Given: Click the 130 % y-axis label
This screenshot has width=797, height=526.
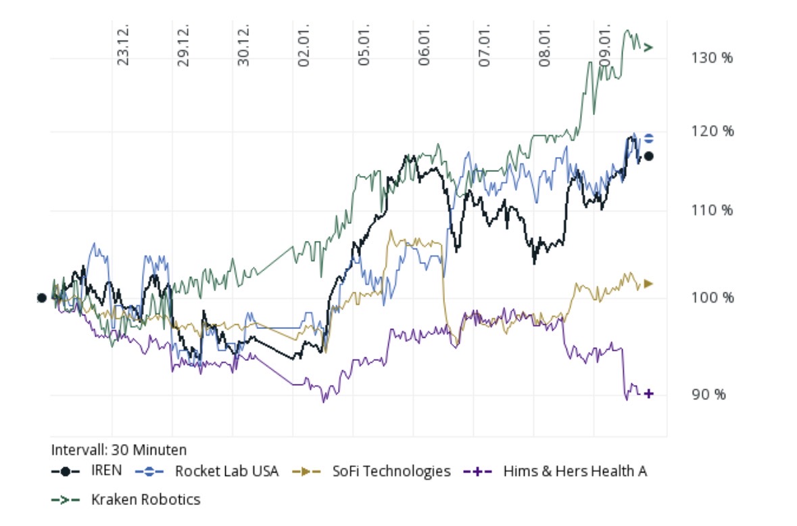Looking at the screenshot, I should (x=713, y=58).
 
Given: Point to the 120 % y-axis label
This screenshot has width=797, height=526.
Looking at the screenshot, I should (x=713, y=131).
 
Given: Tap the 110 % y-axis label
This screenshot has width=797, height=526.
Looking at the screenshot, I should (x=713, y=211).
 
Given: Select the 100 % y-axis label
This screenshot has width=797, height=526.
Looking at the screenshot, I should (x=713, y=297).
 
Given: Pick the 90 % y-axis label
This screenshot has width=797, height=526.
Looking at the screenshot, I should (x=708, y=394).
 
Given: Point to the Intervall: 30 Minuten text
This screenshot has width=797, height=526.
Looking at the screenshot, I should (x=119, y=450).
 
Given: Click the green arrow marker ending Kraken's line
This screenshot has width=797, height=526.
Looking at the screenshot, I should (x=648, y=47).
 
